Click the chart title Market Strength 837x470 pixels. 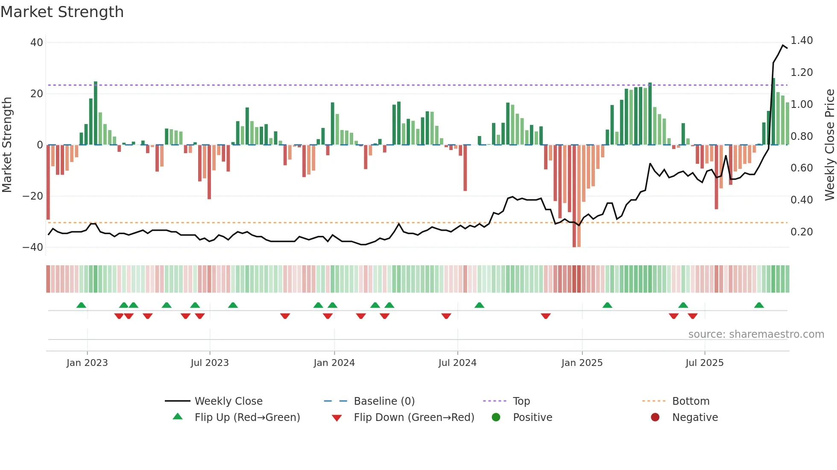pyautogui.click(x=62, y=12)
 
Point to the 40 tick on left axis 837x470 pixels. pyautogui.click(x=37, y=43)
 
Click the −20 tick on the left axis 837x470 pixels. pyautogui.click(x=33, y=196)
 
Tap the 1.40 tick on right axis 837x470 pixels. pyautogui.click(x=802, y=41)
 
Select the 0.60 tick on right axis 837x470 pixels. pyautogui.click(x=802, y=168)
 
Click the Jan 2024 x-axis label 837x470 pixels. pyautogui.click(x=334, y=363)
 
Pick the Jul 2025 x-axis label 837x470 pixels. pyautogui.click(x=704, y=363)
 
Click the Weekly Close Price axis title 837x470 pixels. pyautogui.click(x=829, y=145)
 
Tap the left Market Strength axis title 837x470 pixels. pyautogui.click(x=7, y=145)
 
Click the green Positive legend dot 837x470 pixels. pyautogui.click(x=496, y=418)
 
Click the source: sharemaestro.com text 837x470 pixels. pyautogui.click(x=756, y=334)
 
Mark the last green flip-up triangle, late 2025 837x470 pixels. pyautogui.click(x=759, y=305)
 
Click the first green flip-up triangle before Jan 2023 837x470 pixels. pyautogui.click(x=81, y=305)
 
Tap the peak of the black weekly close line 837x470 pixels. pyautogui.click(x=783, y=45)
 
